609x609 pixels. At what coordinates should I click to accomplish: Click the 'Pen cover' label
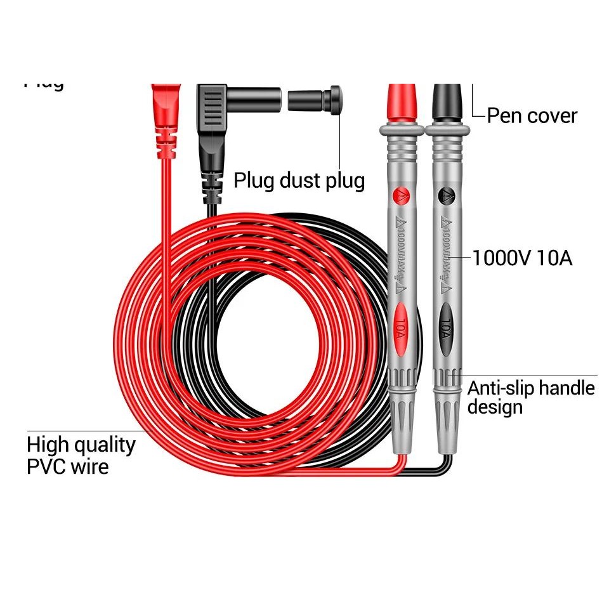(532, 116)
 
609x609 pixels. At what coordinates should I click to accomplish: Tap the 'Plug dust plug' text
(299, 180)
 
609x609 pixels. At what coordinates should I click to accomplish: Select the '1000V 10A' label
(522, 259)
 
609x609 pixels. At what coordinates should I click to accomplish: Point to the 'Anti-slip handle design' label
(531, 396)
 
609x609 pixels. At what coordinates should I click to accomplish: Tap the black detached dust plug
(315, 100)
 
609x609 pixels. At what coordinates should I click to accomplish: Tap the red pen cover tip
(402, 101)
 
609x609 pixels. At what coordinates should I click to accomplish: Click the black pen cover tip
(449, 101)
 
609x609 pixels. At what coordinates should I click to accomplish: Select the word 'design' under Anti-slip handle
(495, 407)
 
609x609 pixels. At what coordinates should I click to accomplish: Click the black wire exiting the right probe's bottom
(447, 466)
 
